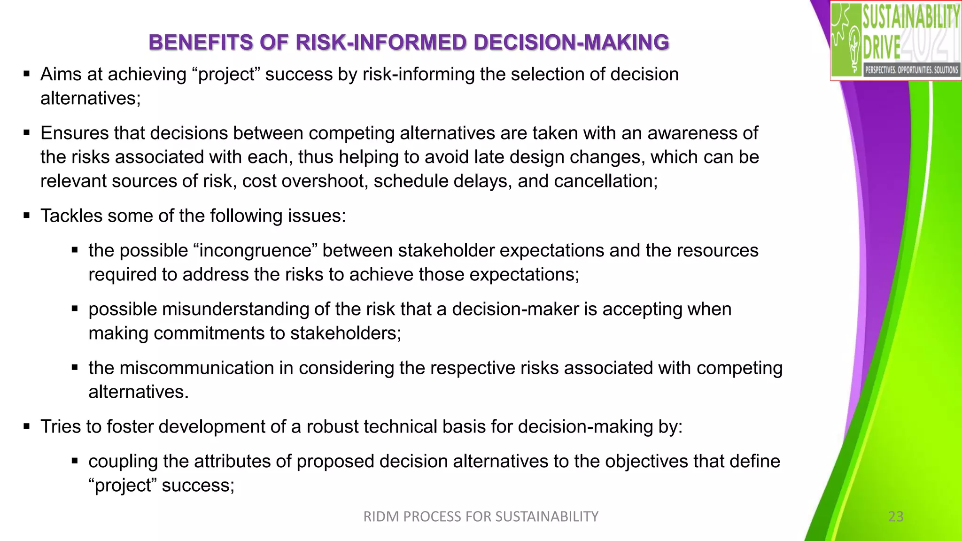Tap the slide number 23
pos(896,517)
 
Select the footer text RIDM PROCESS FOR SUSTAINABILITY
pos(481,517)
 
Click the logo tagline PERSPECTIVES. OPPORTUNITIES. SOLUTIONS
pos(911,70)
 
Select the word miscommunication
pos(197,368)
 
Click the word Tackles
pos(71,216)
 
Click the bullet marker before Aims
pos(27,74)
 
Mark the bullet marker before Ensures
pos(27,133)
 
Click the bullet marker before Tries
pos(27,426)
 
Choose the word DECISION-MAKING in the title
pos(571,43)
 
